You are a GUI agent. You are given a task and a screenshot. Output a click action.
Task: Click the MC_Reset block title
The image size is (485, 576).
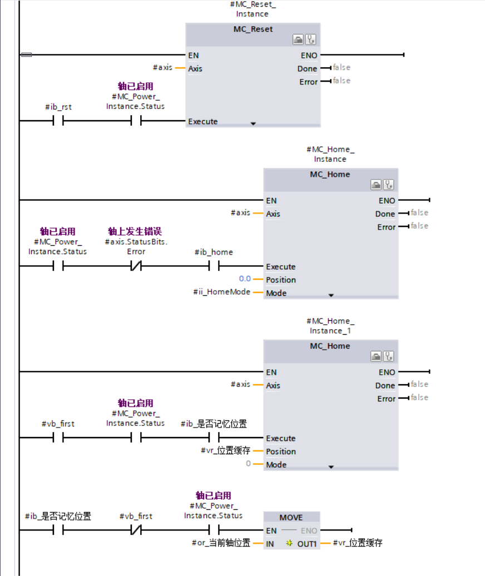coord(253,29)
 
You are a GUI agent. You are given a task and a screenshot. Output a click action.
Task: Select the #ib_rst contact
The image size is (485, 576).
coord(58,121)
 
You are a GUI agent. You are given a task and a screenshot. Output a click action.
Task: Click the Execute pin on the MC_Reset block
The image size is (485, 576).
coord(203,121)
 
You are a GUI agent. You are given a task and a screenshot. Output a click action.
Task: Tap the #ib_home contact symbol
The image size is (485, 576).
coord(214,266)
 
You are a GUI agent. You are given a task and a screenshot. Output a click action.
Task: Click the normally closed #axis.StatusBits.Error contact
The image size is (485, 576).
coord(136,266)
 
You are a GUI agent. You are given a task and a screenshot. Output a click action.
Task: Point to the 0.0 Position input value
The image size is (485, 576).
coord(245,279)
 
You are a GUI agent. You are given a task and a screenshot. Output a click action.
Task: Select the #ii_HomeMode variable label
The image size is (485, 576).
coord(221,292)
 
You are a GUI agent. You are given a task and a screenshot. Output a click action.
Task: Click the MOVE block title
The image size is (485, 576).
coord(291,518)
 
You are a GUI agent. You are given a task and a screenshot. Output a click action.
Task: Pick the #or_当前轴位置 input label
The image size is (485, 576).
coord(221,543)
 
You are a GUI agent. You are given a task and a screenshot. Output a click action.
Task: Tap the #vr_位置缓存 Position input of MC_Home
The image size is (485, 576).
coord(226,451)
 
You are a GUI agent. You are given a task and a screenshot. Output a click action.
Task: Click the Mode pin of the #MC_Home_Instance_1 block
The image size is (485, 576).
coord(276,464)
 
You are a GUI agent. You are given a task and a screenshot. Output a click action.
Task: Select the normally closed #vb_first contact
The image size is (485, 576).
coord(136,530)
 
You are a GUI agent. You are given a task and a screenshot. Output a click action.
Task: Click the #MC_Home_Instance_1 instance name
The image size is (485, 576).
coord(330,326)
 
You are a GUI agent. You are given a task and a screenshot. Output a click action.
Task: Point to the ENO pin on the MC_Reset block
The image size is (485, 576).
coord(309,55)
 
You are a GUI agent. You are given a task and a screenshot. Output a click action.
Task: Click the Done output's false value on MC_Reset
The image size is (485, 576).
coord(342,68)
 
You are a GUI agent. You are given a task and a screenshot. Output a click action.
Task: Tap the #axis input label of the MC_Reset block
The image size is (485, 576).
coord(162,68)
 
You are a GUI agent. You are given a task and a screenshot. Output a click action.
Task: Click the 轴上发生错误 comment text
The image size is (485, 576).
coord(135,231)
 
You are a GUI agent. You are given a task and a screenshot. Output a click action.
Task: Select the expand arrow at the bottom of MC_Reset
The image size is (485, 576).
coord(253,123)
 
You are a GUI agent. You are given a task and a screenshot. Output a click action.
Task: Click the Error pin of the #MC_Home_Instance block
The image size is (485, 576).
coord(386,227)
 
